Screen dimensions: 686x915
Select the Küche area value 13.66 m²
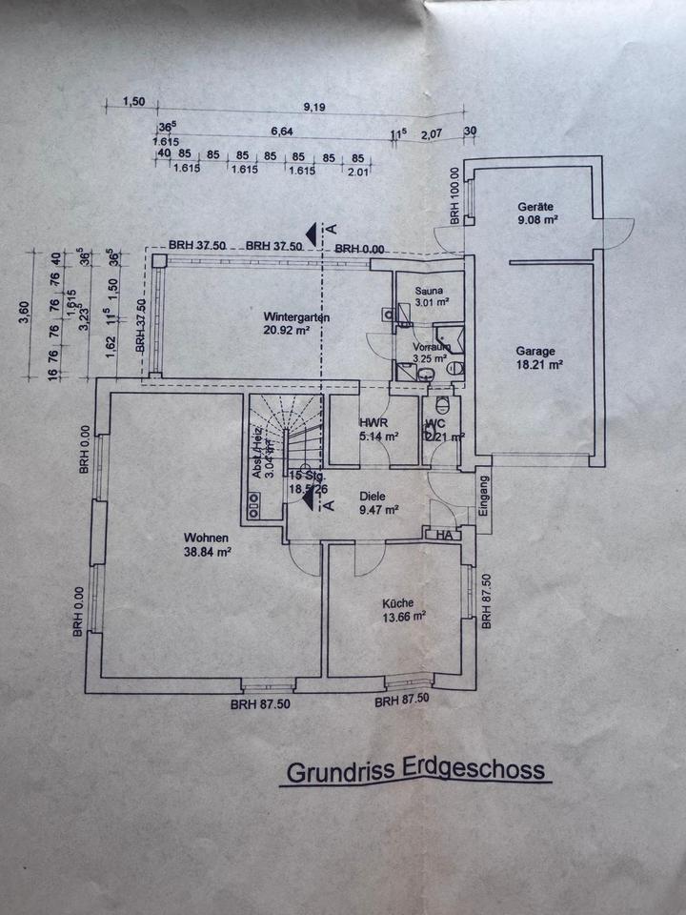[403, 616]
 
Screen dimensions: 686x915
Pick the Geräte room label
[536, 206]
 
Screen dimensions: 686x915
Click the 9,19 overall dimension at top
[313, 107]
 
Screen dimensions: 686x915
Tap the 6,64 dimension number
[280, 132]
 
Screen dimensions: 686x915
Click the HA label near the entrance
[444, 536]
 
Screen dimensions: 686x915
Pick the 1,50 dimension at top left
[134, 102]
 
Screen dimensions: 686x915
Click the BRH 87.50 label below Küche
[401, 701]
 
